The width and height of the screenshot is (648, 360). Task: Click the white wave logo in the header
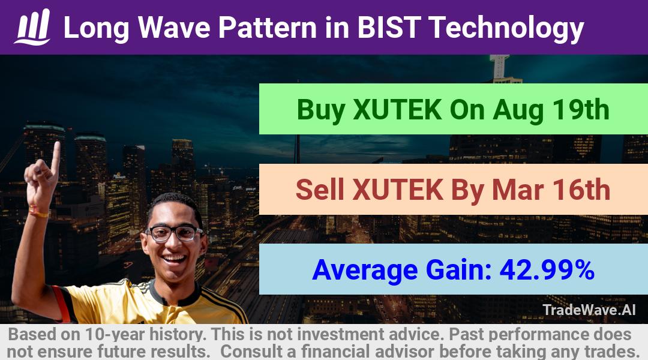click(x=32, y=27)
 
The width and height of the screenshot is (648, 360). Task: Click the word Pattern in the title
click(x=268, y=28)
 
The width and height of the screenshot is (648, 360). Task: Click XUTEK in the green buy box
click(x=397, y=110)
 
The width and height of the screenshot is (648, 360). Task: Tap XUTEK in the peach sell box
click(x=398, y=190)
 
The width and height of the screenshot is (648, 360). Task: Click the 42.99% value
click(x=547, y=269)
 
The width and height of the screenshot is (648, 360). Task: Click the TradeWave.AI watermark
click(x=589, y=310)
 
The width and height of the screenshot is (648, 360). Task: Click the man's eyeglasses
click(x=175, y=233)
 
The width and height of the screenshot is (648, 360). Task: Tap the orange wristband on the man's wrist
click(x=38, y=212)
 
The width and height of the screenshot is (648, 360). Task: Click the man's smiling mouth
click(x=174, y=260)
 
